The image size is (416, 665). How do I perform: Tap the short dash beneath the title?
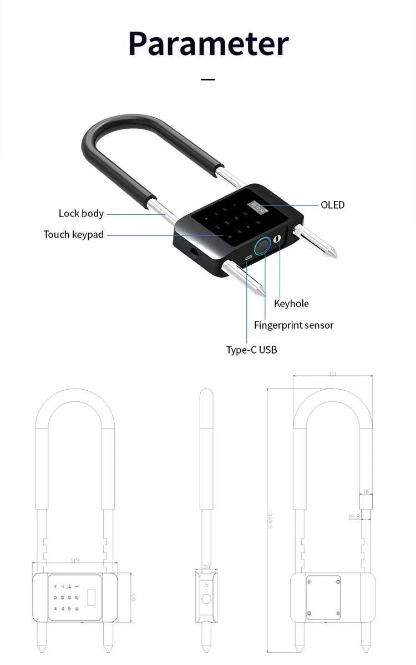coord(207,79)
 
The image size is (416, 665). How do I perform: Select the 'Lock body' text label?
coord(81,214)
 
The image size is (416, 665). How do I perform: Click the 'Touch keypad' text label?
coord(74,235)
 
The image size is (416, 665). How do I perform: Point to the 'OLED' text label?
coord(332,205)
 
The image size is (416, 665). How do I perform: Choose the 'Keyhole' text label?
coord(291,304)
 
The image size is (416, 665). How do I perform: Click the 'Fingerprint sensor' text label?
coord(293,325)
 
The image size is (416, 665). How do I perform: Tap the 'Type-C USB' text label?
coord(251,350)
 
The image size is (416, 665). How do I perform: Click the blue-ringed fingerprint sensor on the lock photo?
coord(262,245)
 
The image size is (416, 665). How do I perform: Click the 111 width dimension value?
coord(332,374)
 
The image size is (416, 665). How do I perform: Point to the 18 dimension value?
coord(365,492)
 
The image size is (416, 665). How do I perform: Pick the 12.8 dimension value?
coord(354,517)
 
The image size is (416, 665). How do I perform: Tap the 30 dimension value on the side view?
coord(206,567)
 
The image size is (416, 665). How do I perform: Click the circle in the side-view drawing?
coord(206,599)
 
